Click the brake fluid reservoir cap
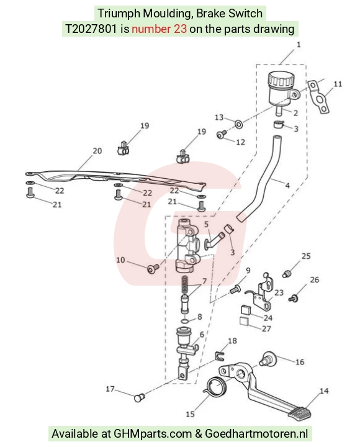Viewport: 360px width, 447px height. [x=281, y=79]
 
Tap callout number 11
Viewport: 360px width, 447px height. [x=338, y=84]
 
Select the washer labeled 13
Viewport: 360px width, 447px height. [x=238, y=124]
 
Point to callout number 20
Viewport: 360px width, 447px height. [x=97, y=151]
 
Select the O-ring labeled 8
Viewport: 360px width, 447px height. [x=185, y=322]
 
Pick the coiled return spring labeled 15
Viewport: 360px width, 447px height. [x=216, y=385]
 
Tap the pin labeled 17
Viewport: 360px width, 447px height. [x=140, y=397]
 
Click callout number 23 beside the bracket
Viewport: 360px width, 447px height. [x=279, y=292]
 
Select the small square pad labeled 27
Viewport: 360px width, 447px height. [x=244, y=322]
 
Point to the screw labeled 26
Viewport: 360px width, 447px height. [x=294, y=299]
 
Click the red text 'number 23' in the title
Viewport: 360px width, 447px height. [x=160, y=29]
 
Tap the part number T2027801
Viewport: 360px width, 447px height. [x=91, y=29]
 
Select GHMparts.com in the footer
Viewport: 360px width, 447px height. [x=153, y=433]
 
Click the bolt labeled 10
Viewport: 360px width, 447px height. [x=153, y=269]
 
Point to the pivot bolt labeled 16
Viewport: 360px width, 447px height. [x=268, y=358]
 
